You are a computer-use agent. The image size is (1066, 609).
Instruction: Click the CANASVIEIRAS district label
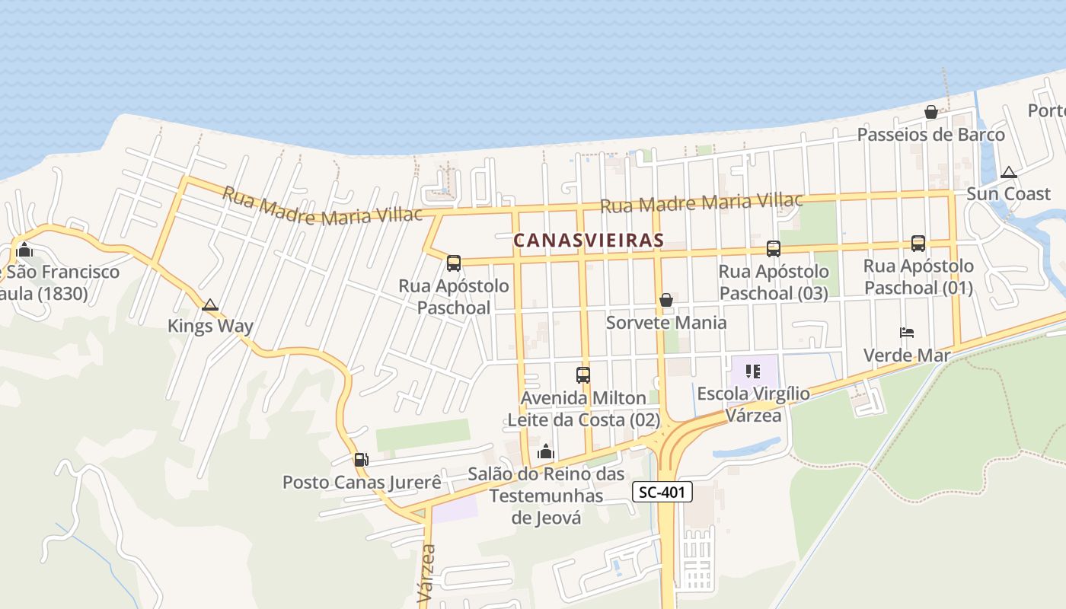point(589,241)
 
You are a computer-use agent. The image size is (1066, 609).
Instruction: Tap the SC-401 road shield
point(662,493)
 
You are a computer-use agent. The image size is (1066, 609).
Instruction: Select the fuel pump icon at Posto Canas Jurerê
point(361,460)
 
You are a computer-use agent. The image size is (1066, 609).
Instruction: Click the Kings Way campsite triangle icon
point(210,305)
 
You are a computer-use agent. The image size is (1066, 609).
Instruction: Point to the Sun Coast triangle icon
point(1009,173)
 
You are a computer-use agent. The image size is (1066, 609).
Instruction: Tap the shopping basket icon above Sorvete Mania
point(666,300)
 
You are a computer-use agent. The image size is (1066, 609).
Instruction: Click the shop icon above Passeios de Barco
point(930,113)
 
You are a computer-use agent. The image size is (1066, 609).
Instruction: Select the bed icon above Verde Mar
point(907,333)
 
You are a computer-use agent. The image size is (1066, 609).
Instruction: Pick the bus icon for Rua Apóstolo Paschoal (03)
point(774,248)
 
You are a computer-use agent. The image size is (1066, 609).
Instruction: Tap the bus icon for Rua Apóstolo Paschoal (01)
point(918,244)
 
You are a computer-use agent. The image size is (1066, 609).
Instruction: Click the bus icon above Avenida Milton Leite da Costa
point(583,375)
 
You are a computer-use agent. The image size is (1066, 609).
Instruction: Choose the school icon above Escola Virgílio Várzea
point(753,371)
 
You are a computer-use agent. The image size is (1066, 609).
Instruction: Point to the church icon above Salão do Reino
point(545,452)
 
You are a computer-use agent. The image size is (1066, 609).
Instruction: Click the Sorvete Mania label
point(666,323)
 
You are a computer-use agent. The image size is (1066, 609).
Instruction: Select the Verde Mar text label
point(907,356)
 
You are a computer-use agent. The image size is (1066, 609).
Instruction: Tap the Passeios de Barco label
point(930,135)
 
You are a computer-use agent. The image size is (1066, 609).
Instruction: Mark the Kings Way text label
point(210,327)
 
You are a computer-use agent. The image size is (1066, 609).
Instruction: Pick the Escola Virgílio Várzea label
point(753,404)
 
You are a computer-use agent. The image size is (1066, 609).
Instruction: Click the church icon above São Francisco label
point(24,250)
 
